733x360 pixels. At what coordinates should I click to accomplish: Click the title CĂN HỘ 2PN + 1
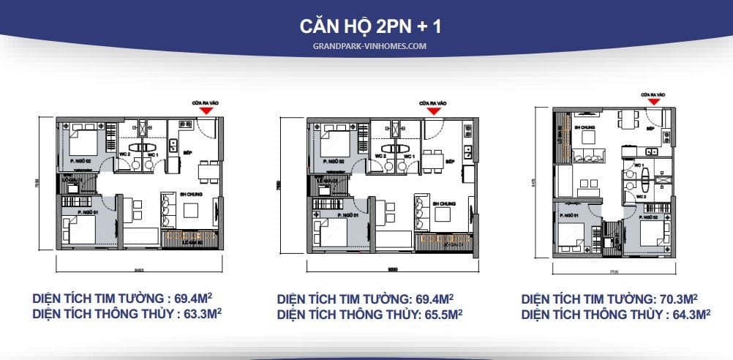coord(366,27)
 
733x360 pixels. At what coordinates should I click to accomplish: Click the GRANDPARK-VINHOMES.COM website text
coord(366,45)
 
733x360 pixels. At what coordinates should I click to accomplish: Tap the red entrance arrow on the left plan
coord(207,110)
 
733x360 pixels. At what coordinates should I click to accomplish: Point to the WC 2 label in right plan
coord(640,197)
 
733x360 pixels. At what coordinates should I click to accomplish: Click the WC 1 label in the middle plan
coord(407,156)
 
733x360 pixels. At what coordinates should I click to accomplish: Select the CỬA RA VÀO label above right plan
coord(653,94)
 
